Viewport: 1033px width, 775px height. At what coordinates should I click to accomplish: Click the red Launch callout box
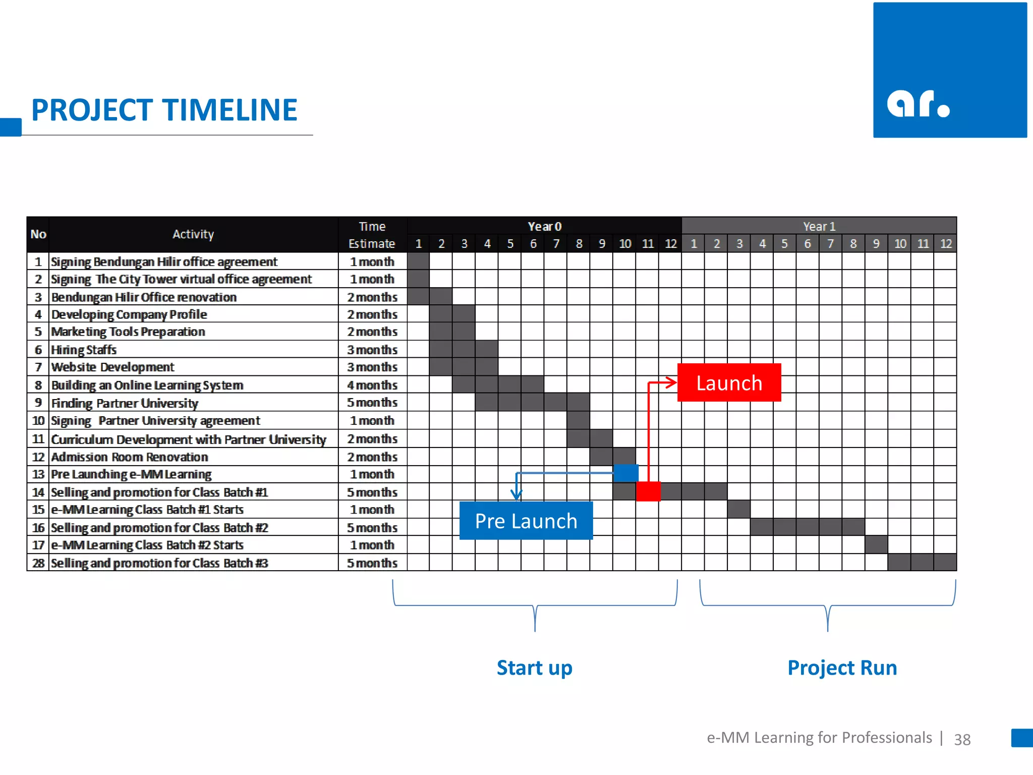click(729, 382)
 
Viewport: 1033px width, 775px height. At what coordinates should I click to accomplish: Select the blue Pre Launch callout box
click(526, 521)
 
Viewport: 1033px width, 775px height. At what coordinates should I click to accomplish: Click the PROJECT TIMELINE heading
click(164, 110)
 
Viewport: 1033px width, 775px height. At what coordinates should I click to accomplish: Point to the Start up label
click(535, 668)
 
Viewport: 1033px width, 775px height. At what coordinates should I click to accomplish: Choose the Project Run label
click(842, 668)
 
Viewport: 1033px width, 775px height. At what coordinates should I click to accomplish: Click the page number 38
click(962, 739)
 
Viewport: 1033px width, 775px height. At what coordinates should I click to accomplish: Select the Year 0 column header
click(544, 227)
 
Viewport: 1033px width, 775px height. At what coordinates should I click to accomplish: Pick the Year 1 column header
click(819, 227)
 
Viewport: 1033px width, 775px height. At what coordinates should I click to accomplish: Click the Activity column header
click(193, 234)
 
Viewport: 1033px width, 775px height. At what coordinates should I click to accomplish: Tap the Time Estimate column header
click(372, 235)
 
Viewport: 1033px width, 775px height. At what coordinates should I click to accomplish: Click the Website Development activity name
click(112, 367)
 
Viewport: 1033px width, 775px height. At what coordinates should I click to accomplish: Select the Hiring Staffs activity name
click(84, 350)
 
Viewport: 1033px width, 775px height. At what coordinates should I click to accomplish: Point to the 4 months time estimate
click(372, 385)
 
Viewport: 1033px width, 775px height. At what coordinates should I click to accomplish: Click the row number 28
click(38, 563)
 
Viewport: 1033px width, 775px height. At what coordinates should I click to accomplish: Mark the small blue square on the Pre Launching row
click(626, 473)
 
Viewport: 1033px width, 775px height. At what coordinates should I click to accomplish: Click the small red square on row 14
click(648, 491)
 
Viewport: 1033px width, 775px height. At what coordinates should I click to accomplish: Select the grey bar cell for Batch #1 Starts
click(739, 509)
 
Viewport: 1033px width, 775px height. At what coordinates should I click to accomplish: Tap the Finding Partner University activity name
click(125, 403)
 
